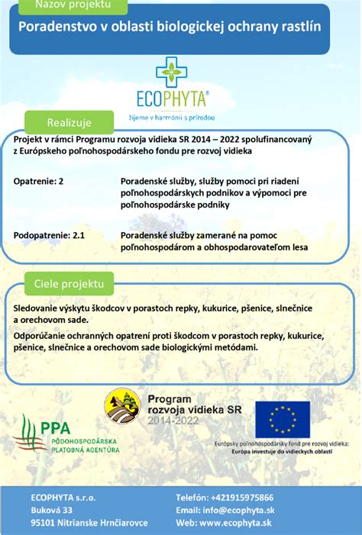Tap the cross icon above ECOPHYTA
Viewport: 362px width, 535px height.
pos(171,72)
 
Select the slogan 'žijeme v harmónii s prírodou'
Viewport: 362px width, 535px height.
pos(171,118)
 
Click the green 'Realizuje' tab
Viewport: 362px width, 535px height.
pos(69,122)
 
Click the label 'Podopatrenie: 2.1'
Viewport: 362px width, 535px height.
pos(50,237)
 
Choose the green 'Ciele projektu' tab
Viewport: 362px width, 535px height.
pos(68,283)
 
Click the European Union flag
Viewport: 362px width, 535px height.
pos(283,419)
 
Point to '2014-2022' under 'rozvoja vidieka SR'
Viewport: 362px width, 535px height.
pos(173,421)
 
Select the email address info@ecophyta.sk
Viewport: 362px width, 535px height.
pos(241,510)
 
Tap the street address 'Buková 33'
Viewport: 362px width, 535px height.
pos(52,510)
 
